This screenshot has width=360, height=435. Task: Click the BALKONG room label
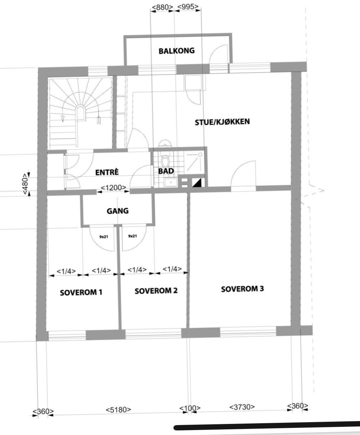point(177,51)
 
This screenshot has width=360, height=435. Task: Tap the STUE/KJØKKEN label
point(222,122)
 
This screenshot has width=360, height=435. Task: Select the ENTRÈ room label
point(107,172)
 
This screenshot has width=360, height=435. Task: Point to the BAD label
point(166,171)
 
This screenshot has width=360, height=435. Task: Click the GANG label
point(117,211)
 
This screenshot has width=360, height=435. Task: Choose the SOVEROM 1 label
point(81,293)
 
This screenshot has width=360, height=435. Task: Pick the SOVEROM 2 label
point(156,291)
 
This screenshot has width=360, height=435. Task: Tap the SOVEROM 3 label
point(242,289)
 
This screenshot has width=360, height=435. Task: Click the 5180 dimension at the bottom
point(118,410)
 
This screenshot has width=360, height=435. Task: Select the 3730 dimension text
point(242,407)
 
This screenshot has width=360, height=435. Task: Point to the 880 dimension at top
point(162,7)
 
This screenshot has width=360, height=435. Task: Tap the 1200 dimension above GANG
point(113,188)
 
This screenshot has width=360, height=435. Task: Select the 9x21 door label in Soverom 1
point(104,236)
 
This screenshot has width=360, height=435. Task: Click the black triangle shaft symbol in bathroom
point(197,183)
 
